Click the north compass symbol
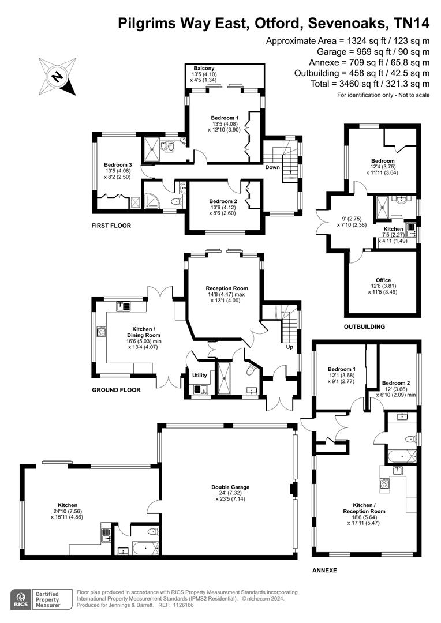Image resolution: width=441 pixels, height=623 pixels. point(57,76)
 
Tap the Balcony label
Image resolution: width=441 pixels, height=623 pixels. point(204,68)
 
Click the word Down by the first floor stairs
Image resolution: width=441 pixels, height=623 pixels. point(272,167)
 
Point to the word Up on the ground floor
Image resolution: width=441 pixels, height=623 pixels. point(290,347)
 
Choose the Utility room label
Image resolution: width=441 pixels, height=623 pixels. point(200,375)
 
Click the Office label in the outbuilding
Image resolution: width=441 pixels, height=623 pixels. point(383,280)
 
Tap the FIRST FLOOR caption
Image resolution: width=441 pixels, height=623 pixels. point(111,226)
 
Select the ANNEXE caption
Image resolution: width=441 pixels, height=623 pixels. point(324,570)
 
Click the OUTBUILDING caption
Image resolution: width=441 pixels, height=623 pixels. point(365,326)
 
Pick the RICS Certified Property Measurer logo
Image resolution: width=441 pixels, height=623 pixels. point(42,599)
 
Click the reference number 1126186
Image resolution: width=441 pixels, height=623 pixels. point(182,605)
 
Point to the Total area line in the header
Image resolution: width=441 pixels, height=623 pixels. point(370,84)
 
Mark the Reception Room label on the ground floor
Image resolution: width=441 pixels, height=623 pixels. point(227,288)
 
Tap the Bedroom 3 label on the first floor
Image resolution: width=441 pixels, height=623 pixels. point(118,165)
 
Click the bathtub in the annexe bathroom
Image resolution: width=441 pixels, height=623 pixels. point(402,456)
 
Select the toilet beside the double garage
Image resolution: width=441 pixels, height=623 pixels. point(152,532)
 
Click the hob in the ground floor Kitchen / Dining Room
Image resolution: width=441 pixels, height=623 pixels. point(102,331)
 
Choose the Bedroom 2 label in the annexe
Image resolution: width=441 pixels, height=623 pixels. point(396,383)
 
